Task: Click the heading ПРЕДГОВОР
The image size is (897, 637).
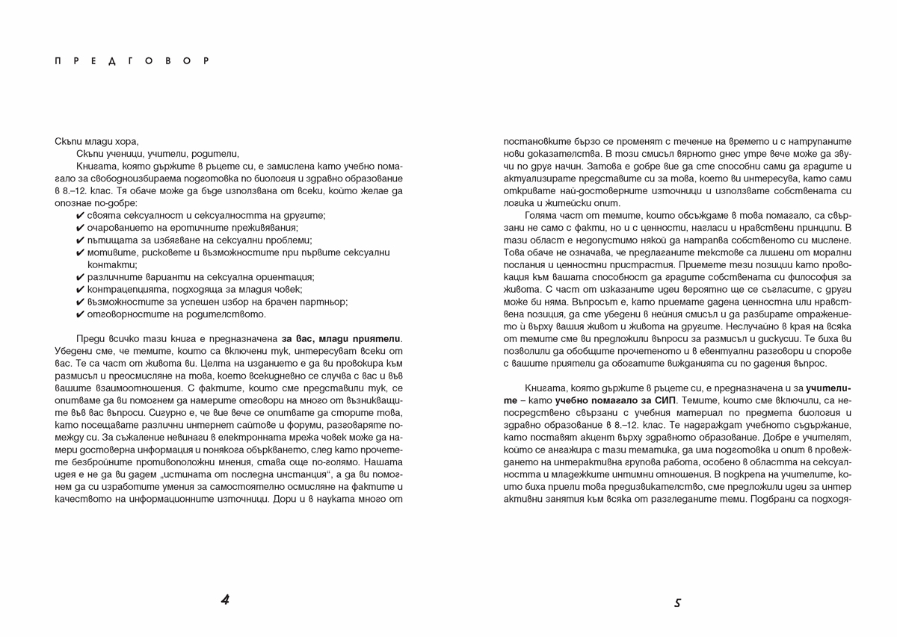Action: (133, 60)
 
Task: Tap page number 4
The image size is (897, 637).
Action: (225, 600)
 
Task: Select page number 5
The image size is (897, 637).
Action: (677, 602)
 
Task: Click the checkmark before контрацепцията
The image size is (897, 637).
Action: (80, 289)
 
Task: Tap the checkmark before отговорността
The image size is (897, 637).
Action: (80, 314)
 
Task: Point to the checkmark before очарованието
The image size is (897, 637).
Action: (80, 228)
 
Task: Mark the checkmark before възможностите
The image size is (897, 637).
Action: (80, 302)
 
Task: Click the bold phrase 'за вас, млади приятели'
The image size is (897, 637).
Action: (342, 338)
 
